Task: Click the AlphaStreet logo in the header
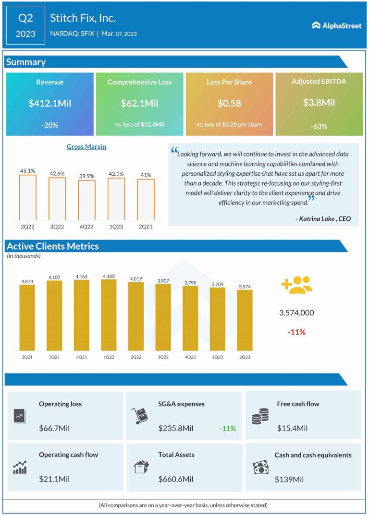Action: pos(336,25)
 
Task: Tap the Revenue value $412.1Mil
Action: pos(50,103)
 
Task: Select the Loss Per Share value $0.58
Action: pos(229,103)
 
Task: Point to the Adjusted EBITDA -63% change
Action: pos(319,127)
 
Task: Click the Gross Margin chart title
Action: pos(86,147)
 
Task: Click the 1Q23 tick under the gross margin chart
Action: pos(116,225)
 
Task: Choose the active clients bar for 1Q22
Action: pos(108,315)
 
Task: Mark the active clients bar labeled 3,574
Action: pos(245,320)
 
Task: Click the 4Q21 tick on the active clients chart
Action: pos(81,357)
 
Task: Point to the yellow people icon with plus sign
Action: pos(296,285)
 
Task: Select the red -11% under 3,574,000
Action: pos(296,332)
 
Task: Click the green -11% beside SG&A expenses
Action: pos(227,428)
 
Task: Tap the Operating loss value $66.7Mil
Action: pos(54,428)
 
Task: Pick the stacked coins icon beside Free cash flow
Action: pos(260,416)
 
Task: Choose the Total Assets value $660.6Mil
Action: pos(176,479)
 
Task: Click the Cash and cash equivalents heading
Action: pos(313,455)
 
